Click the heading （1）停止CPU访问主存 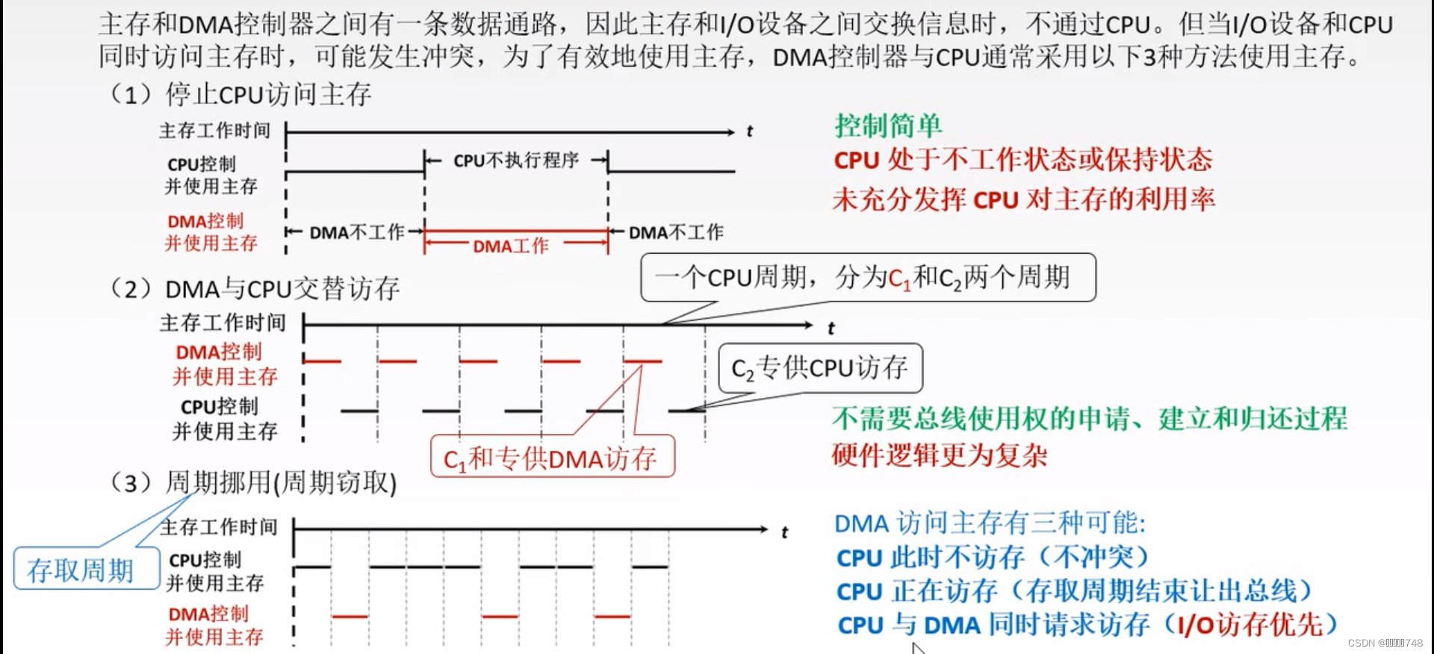pos(240,95)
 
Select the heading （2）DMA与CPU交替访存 pos(255,289)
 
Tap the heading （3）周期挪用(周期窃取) pos(253,483)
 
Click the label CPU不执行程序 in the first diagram pos(516,161)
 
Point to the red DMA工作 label pos(511,246)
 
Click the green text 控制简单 pos(888,125)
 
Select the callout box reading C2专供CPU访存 pos(820,368)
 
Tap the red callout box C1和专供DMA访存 pos(552,458)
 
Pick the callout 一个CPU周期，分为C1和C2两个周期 pos(867,278)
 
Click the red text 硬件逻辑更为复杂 pos(940,455)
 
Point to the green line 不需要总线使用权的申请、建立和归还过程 pos(1090,418)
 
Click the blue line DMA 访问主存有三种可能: pos(990,523)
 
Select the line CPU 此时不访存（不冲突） pos(993,557)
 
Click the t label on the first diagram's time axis pos(750,132)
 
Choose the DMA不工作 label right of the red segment pos(676,233)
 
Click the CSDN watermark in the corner pos(1385,643)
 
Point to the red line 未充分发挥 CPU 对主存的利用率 pos(1023,199)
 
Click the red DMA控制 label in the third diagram pos(208,614)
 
